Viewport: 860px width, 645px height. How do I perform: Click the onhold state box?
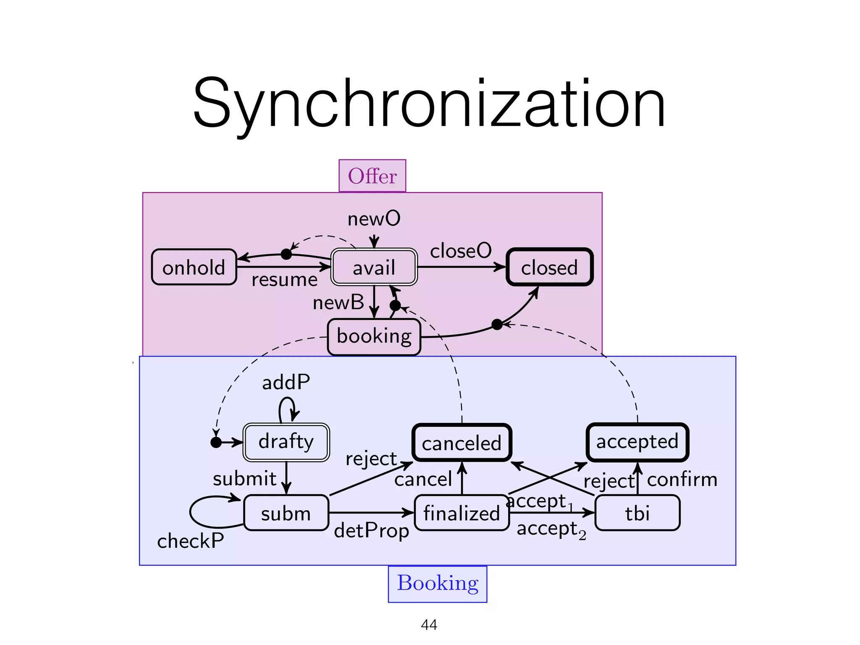[x=194, y=267]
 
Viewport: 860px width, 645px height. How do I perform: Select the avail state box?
[x=374, y=267]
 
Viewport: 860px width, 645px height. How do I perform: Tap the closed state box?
[x=549, y=267]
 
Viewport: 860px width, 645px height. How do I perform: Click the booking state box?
[x=374, y=336]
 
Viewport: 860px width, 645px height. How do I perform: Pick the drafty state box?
[x=286, y=442]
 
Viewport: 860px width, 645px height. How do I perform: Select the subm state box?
[x=286, y=513]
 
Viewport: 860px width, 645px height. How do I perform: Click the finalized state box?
[x=461, y=513]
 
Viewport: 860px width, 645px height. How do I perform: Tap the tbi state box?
[x=637, y=513]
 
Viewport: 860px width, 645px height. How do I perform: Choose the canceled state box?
[x=461, y=443]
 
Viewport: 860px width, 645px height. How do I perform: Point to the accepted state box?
[x=637, y=442]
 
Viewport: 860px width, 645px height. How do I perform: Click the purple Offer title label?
[x=372, y=176]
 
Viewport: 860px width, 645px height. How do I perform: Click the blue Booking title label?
[x=437, y=583]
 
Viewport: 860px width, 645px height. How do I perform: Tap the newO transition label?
[x=374, y=219]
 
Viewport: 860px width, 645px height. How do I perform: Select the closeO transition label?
[x=461, y=251]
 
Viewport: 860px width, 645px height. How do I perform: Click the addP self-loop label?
[x=286, y=383]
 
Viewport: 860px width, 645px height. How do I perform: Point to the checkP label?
[x=190, y=541]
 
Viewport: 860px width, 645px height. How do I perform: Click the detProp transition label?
[x=371, y=531]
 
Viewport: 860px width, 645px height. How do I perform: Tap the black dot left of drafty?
[x=216, y=442]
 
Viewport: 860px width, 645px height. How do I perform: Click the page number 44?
[x=429, y=625]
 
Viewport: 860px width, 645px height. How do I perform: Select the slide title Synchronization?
[x=429, y=104]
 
